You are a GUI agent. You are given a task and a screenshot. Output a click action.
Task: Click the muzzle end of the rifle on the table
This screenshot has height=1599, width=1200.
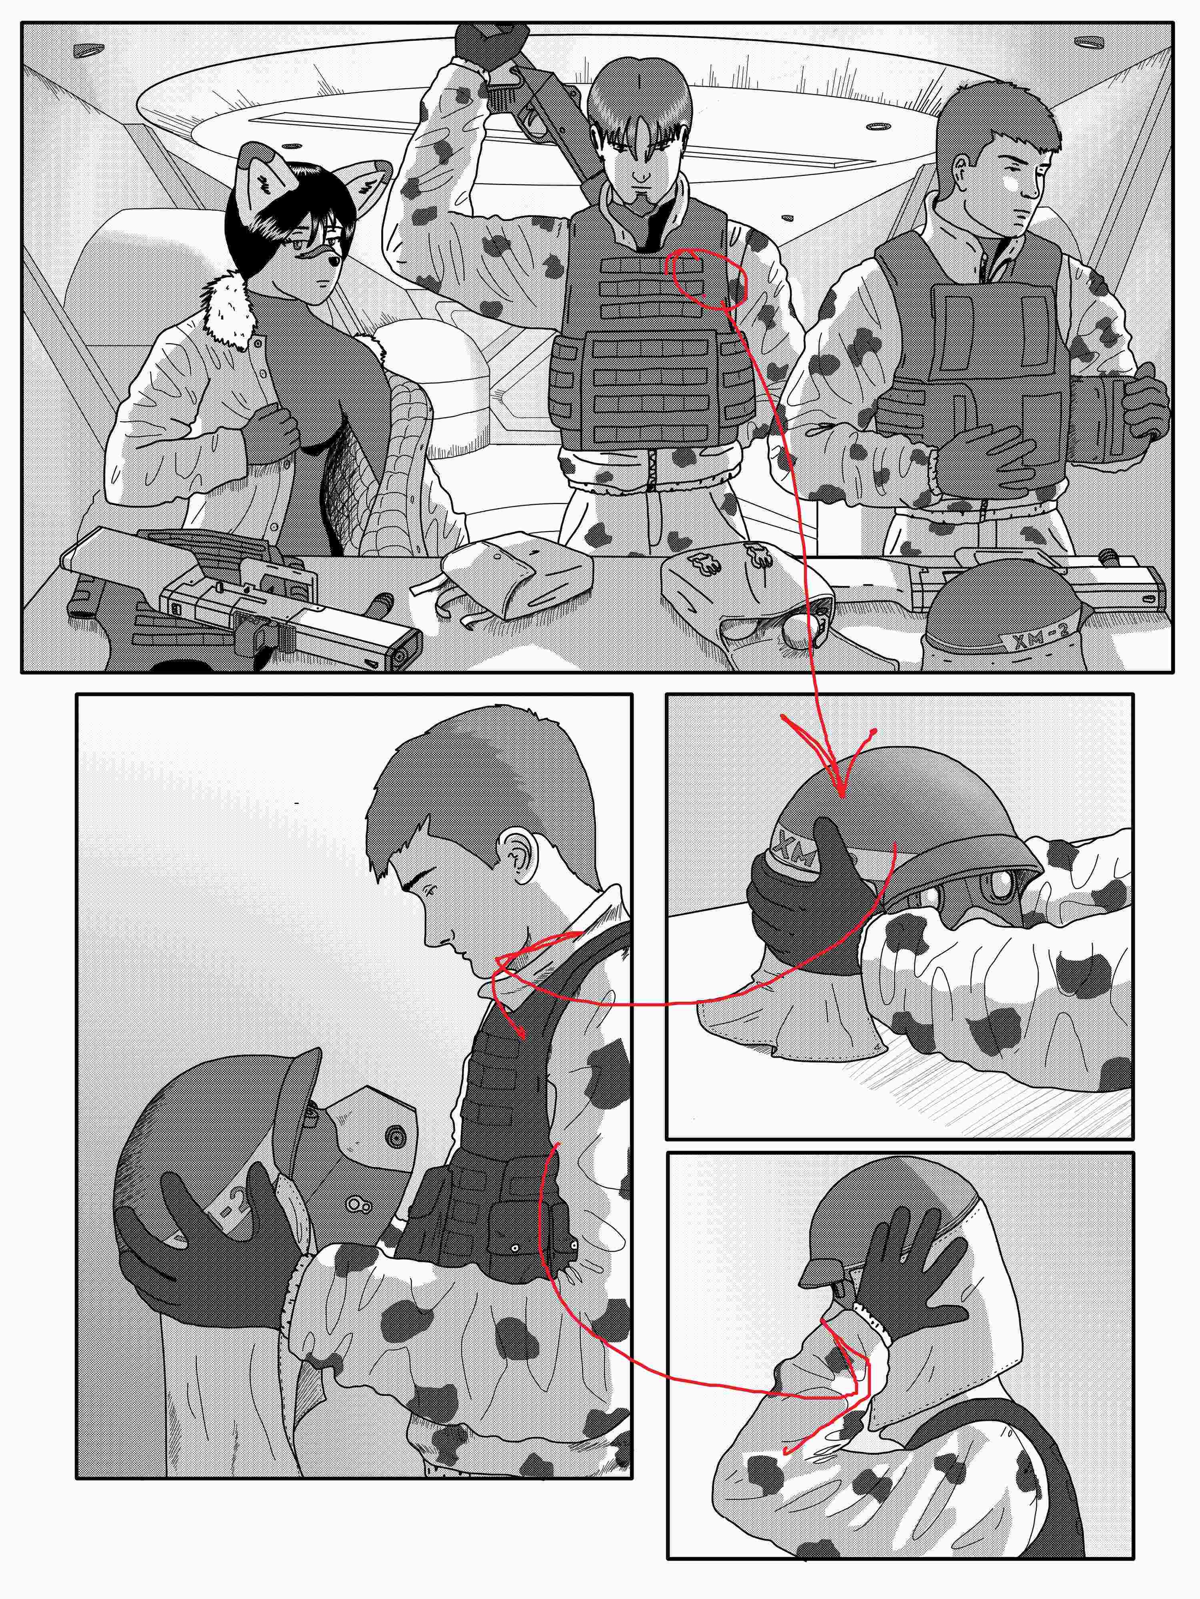click(402, 654)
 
